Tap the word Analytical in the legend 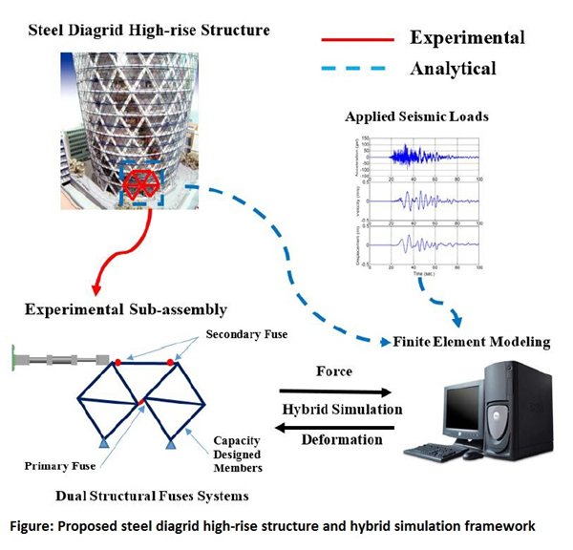[453, 69]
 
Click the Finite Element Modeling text [467, 341]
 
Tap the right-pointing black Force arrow [334, 391]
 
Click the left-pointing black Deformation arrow [334, 430]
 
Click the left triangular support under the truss [104, 443]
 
